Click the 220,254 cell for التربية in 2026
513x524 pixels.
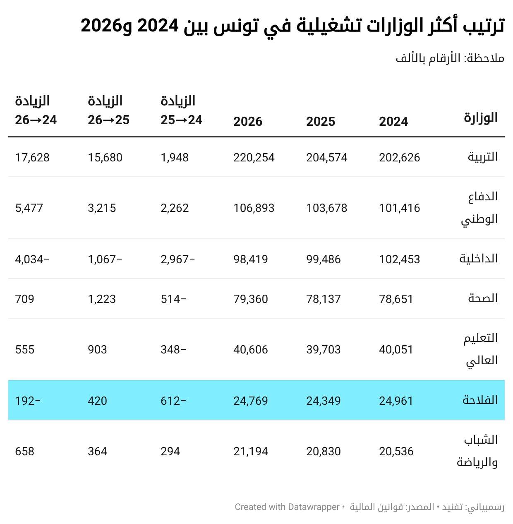click(254, 157)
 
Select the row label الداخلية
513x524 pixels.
click(478, 259)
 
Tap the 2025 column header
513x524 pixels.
click(320, 121)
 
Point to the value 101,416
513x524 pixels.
click(399, 208)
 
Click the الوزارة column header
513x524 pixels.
click(480, 118)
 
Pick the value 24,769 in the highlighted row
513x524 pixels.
click(250, 401)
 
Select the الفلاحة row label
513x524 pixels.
click(480, 400)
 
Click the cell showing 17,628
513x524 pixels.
click(32, 157)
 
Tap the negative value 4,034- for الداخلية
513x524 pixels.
click(32, 259)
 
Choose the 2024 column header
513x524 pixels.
click(393, 121)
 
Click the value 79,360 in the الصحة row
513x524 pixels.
click(250, 299)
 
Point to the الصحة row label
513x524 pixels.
click(483, 298)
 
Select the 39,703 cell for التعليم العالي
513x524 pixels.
click(323, 349)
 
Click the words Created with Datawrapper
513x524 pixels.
click(287, 507)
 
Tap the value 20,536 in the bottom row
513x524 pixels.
click(396, 451)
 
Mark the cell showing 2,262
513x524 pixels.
click(175, 208)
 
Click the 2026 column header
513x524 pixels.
click(247, 121)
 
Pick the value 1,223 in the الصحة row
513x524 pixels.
click(102, 299)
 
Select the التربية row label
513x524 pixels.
click(482, 157)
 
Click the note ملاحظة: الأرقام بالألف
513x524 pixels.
click(450, 58)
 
